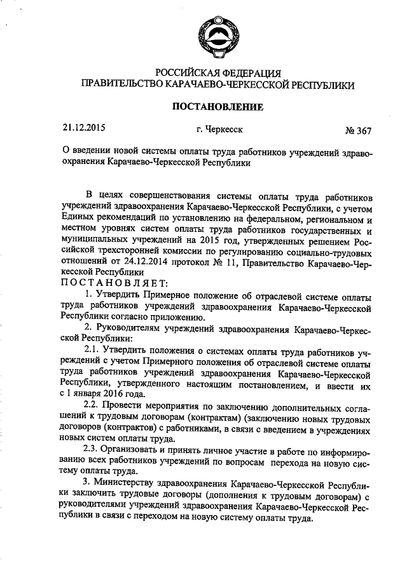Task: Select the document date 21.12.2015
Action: (83, 128)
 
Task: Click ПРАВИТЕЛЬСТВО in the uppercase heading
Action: (119, 84)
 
